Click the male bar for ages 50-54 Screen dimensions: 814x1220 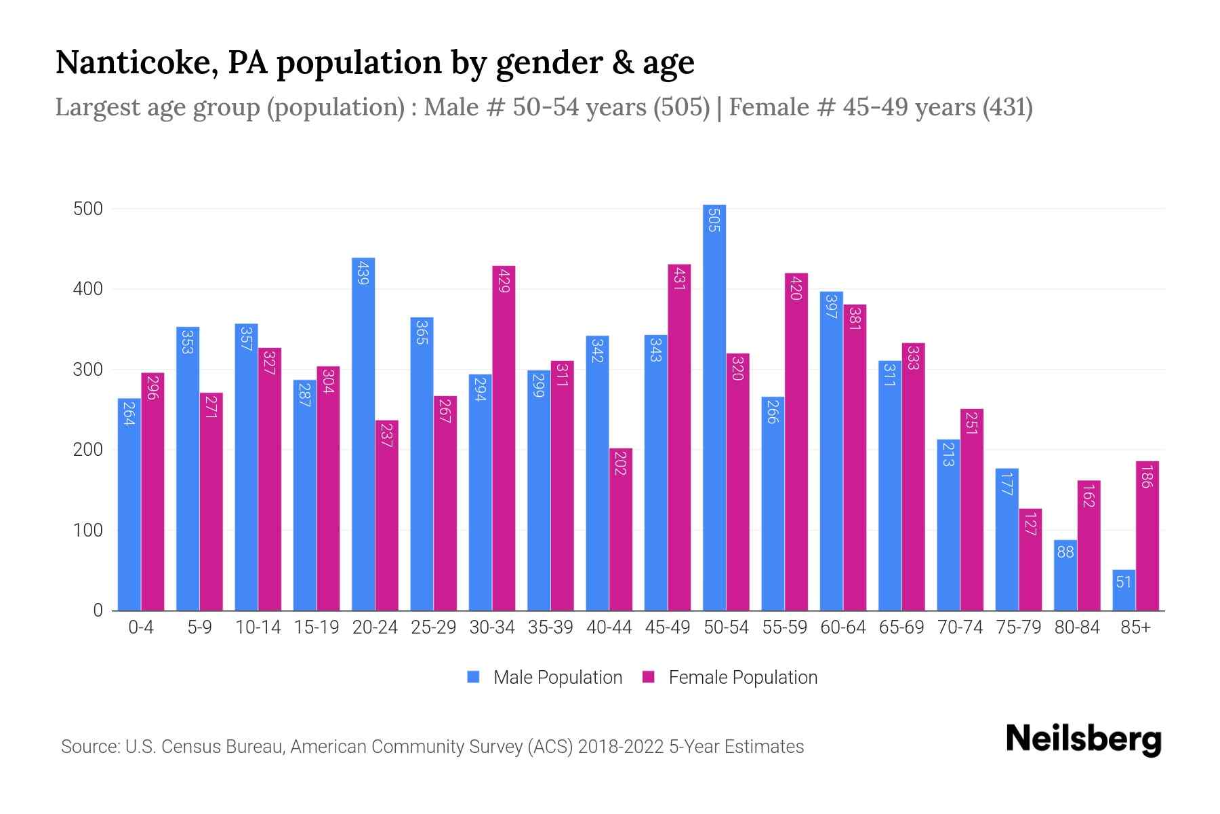tap(714, 407)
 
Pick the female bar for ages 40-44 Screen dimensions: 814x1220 tap(621, 529)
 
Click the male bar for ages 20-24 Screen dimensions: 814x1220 tap(363, 434)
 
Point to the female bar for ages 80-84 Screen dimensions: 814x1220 tap(1089, 546)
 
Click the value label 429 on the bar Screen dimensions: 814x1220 tap(504, 280)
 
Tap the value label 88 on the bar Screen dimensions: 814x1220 tap(1065, 552)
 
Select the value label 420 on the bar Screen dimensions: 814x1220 tap(796, 288)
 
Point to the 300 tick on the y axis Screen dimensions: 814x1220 tap(88, 370)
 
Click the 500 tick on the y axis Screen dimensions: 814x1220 tap(88, 209)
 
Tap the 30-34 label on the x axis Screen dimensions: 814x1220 tap(492, 627)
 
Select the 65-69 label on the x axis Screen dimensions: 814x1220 tap(901, 627)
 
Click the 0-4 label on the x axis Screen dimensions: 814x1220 tap(141, 627)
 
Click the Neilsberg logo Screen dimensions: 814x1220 tap(1083, 739)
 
